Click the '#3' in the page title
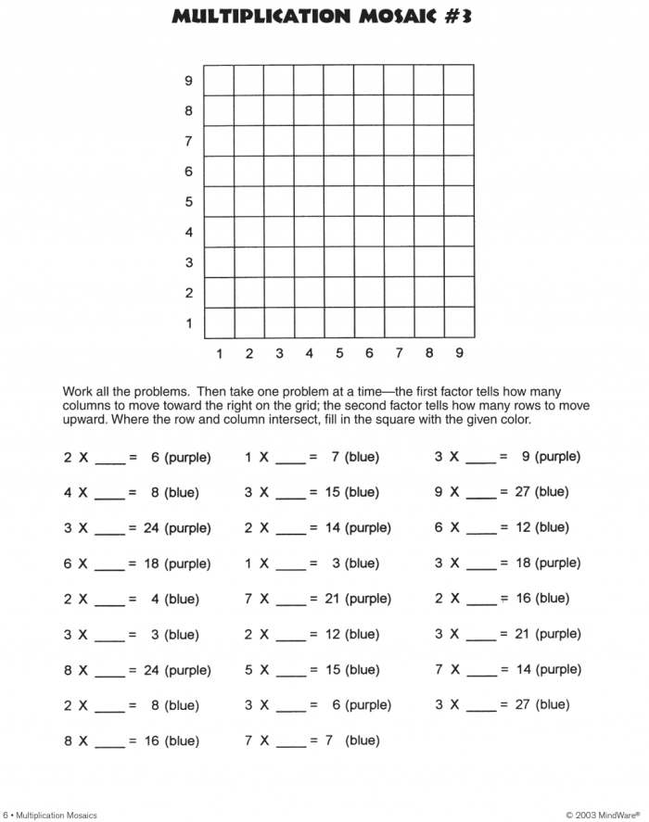point(452,16)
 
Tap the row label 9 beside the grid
point(188,82)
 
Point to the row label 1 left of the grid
point(188,323)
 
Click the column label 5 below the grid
point(339,353)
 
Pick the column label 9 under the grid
point(459,353)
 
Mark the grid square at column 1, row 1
point(219,323)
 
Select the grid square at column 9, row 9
point(459,80)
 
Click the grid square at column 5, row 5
point(339,202)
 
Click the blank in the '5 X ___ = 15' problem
point(291,672)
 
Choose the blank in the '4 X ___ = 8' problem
point(109,495)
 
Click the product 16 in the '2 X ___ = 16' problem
point(524,599)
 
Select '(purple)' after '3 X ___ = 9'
point(558,457)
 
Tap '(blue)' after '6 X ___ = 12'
point(552,527)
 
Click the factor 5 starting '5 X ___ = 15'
point(248,670)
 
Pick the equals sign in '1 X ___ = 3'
point(313,563)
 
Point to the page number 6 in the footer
point(5,815)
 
